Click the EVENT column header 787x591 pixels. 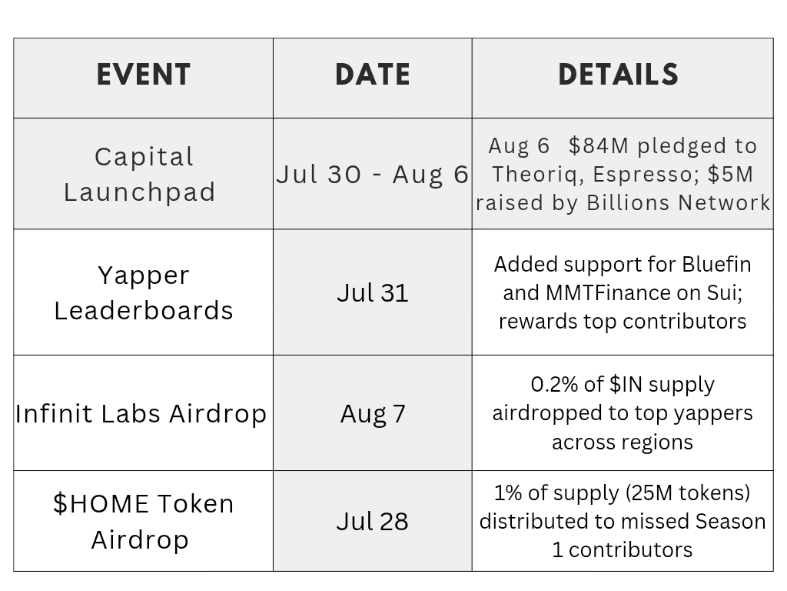(x=144, y=75)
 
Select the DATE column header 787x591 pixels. (x=373, y=75)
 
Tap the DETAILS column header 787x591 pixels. (x=619, y=75)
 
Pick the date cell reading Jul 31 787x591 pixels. (x=373, y=293)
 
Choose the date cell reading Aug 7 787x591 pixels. (x=373, y=414)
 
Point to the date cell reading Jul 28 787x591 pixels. (x=373, y=521)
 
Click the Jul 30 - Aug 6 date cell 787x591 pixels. (x=373, y=175)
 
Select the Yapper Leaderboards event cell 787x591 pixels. (x=144, y=293)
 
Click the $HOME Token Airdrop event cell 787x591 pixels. (x=144, y=521)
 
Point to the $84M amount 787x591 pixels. (x=599, y=145)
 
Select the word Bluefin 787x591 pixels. (x=716, y=265)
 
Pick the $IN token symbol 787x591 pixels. (x=626, y=385)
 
